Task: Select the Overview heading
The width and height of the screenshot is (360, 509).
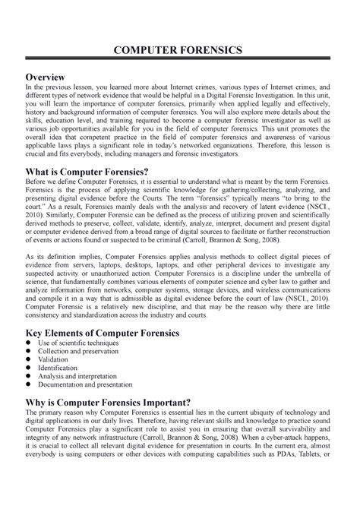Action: tap(49, 78)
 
